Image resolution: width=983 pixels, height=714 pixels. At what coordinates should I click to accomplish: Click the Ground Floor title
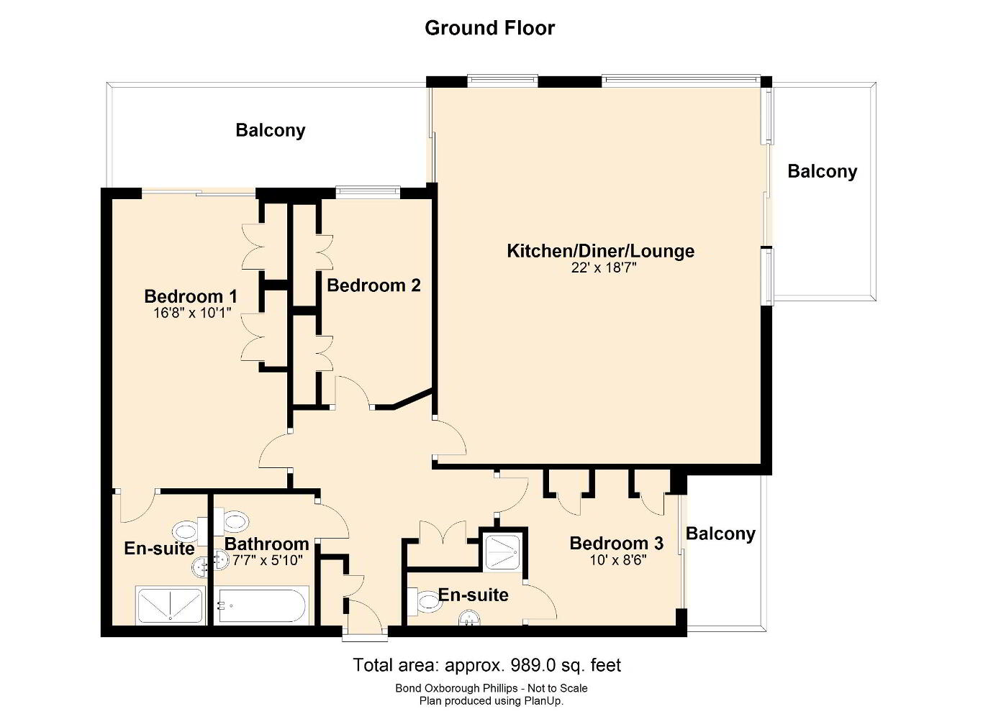pos(490,29)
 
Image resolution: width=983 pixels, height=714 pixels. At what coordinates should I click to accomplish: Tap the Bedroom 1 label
pos(191,296)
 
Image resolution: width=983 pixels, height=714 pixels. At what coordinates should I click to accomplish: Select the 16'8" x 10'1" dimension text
pos(191,313)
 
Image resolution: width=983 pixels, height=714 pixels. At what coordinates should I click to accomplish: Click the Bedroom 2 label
pos(374,285)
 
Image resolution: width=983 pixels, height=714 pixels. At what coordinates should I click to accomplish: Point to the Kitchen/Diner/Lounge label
pos(601,252)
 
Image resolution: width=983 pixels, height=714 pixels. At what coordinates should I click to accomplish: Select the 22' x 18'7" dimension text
pos(604,268)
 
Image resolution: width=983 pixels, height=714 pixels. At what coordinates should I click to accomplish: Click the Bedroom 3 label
pos(617,544)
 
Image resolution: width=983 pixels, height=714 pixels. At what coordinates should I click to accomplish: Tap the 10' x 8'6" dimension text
pos(618,560)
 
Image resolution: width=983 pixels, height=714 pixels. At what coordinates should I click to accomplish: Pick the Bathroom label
pos(267,544)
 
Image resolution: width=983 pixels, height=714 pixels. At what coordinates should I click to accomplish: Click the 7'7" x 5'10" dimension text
pos(267,561)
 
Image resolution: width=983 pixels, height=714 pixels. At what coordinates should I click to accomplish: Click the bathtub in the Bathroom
pos(262,605)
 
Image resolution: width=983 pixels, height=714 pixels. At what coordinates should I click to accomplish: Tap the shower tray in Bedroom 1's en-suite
pos(171,605)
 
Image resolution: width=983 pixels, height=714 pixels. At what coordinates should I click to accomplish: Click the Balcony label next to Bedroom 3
pos(720,534)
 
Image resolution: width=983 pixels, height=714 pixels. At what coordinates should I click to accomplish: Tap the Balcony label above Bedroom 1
pos(271,131)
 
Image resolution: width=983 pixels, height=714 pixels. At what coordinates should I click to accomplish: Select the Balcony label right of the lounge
pos(823,171)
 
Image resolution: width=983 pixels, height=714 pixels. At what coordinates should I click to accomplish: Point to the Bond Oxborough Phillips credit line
pos(491,688)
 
